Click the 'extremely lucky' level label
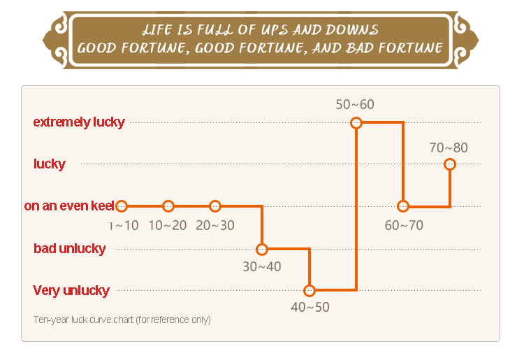(x=79, y=122)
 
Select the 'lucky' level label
(x=50, y=164)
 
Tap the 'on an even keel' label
(x=69, y=206)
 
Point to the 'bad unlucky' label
(x=70, y=249)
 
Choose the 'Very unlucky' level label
(x=71, y=291)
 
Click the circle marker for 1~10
(x=122, y=206)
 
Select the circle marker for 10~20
(x=168, y=206)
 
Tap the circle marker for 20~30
(x=215, y=206)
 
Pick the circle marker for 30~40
(x=262, y=249)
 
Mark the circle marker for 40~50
(x=310, y=291)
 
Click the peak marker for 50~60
(x=356, y=122)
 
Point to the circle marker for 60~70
(x=403, y=206)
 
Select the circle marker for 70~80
(x=450, y=164)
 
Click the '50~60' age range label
(x=355, y=105)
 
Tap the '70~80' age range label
(x=449, y=147)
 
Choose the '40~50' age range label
(x=310, y=307)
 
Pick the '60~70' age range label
(x=404, y=225)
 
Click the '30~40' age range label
(x=262, y=267)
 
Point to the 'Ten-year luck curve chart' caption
(x=122, y=320)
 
